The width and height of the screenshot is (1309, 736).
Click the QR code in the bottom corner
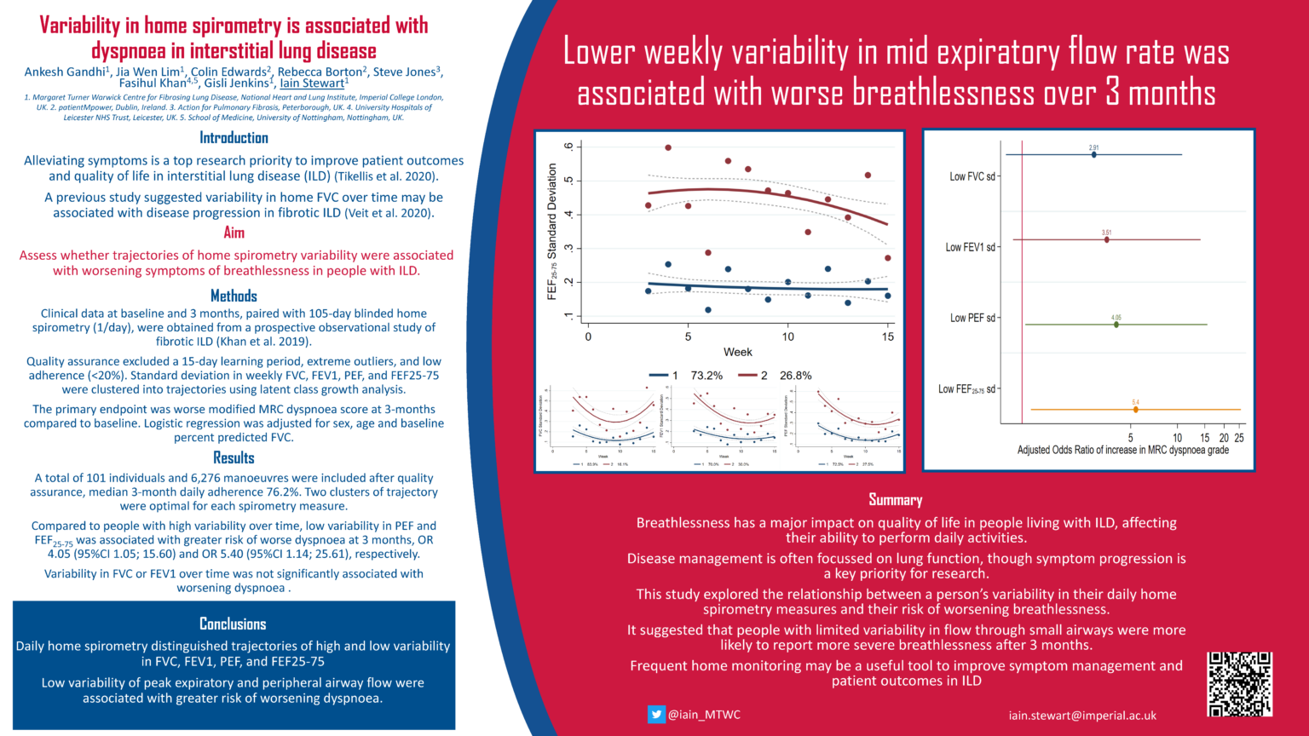point(1239,684)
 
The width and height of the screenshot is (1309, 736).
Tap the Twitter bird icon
point(655,715)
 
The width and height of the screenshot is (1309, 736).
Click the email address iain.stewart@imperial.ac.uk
point(1081,716)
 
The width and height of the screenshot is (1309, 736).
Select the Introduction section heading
point(234,138)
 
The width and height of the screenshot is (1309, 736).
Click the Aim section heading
point(234,233)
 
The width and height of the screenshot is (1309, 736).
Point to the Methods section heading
point(234,296)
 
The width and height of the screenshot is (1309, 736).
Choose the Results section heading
point(234,457)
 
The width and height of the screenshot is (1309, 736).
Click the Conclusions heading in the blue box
point(233,624)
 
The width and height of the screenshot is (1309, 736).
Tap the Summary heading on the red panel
point(895,500)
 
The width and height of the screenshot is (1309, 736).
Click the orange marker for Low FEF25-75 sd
point(1135,410)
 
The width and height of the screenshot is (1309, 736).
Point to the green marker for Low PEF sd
point(1116,325)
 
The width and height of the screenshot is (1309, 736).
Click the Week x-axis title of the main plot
point(737,352)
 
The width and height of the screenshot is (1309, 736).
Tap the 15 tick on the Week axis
point(887,336)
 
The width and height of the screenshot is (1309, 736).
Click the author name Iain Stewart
point(313,83)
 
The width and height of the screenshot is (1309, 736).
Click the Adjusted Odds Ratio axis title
point(1122,450)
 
